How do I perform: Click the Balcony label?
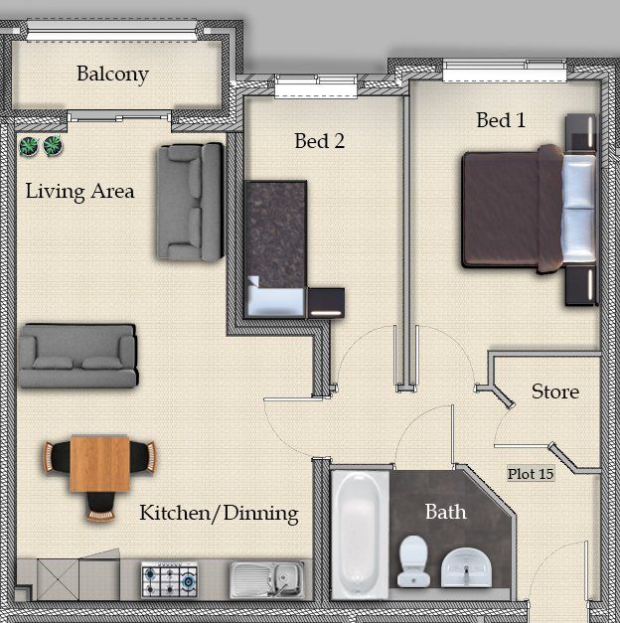[112, 75]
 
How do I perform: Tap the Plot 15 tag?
[531, 474]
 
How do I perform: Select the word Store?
[555, 391]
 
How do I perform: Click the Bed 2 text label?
[320, 141]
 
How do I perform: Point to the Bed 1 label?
[501, 120]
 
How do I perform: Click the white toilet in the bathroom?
[413, 561]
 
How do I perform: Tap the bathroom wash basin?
[467, 567]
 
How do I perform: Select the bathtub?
[360, 535]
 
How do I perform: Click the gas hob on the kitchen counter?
[170, 579]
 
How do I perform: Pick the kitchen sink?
[267, 579]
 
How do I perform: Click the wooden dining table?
[99, 464]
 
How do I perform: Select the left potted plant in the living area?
[29, 146]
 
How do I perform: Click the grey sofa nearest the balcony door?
[190, 202]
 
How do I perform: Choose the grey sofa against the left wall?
[78, 356]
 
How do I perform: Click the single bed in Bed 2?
[275, 249]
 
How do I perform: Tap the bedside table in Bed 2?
[326, 303]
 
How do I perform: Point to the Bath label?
[445, 512]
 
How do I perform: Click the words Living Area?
[79, 192]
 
